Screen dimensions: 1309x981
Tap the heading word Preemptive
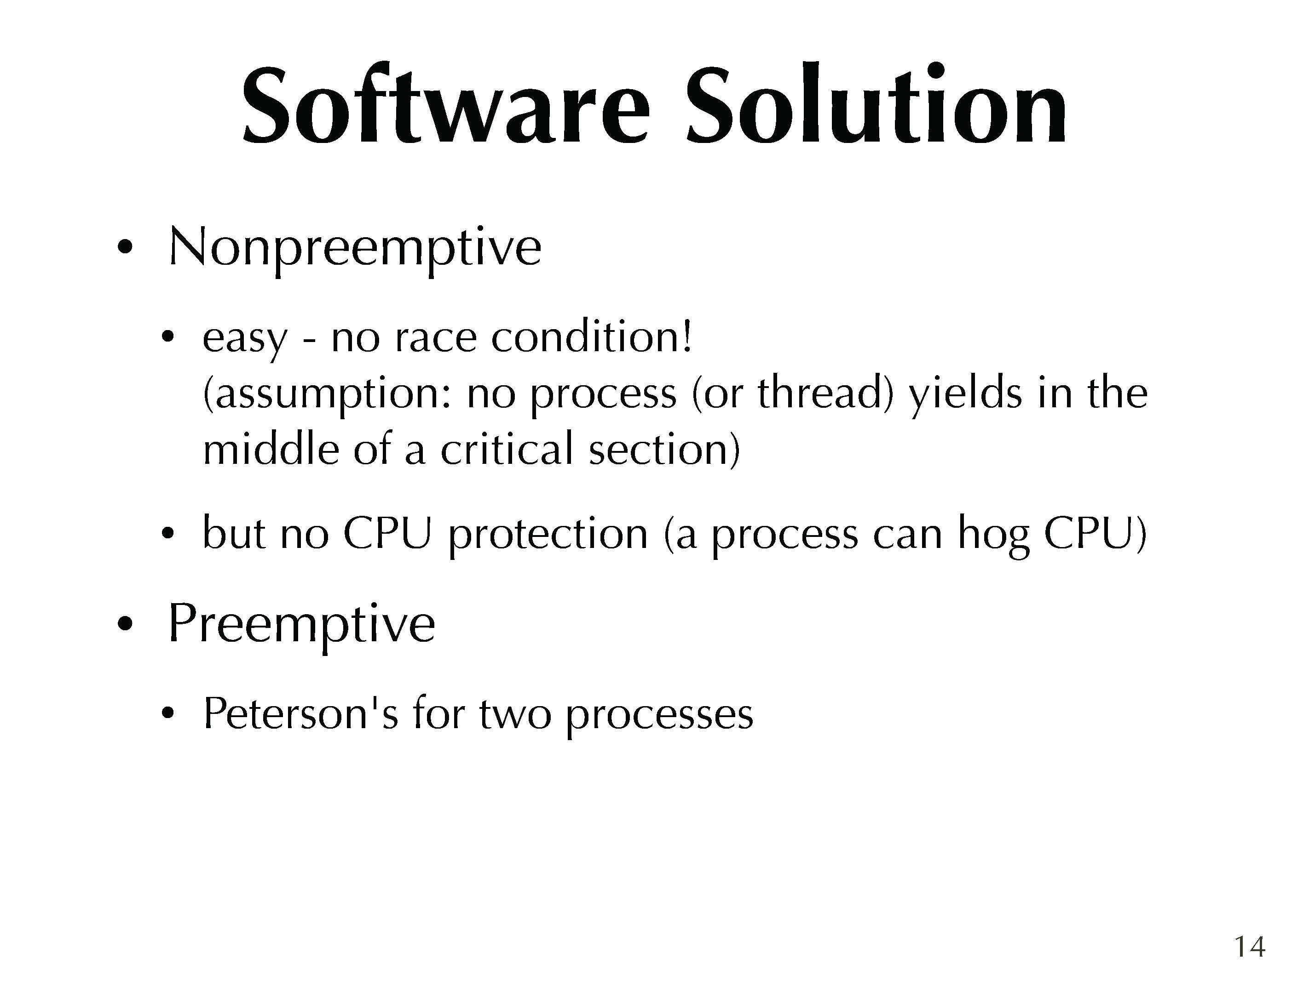(302, 624)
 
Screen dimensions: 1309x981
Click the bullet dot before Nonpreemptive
(124, 247)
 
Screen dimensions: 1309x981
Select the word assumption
(328, 394)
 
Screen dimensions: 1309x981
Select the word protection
(548, 536)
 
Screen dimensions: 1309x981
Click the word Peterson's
(300, 713)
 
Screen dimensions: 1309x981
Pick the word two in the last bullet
(515, 715)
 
